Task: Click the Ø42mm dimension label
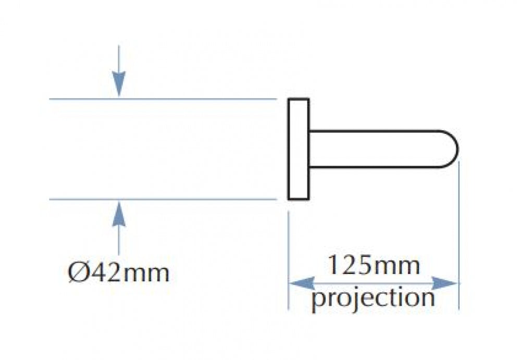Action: pos(119,272)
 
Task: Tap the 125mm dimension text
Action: pos(374,265)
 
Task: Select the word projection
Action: pos(373,298)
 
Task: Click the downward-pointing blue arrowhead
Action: pos(119,84)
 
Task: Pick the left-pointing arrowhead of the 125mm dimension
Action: pos(302,283)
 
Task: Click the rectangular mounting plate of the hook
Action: pos(299,149)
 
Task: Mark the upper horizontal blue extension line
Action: pos(163,98)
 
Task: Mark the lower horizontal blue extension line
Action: pos(163,200)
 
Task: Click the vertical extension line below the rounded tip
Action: pos(459,235)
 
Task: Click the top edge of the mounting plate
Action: pos(299,98)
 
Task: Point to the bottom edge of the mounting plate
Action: pos(299,199)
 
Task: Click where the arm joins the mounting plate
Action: pos(309,149)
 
